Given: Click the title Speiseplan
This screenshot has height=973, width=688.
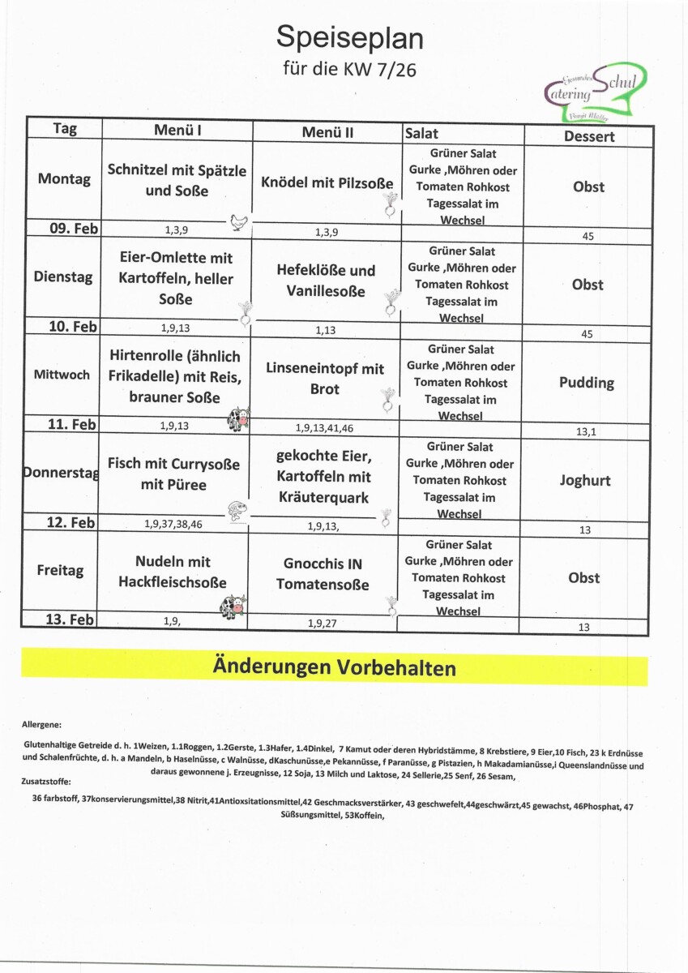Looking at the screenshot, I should (x=349, y=36).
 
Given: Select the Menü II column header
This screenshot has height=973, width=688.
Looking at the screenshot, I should (x=327, y=132).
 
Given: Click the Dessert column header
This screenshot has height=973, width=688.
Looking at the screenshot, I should (x=589, y=136).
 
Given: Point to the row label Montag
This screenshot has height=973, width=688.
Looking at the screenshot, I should (x=64, y=179).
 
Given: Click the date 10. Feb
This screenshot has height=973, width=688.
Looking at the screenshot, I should (x=73, y=327).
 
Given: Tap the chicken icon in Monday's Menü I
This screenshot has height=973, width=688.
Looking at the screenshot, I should (x=238, y=221).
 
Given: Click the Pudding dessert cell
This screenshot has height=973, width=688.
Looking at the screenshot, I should (x=587, y=382).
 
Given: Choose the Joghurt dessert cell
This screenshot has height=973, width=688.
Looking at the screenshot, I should (x=585, y=480).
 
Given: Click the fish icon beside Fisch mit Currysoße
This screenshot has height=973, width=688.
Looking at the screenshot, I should (x=237, y=510).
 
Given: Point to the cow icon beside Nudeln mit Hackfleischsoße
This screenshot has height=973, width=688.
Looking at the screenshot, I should (x=234, y=606).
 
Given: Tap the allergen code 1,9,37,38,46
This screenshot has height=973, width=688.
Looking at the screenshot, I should (x=173, y=525).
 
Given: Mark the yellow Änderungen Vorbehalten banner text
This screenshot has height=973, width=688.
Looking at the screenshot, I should (x=334, y=668).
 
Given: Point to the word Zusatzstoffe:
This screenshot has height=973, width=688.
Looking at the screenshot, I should (x=46, y=782).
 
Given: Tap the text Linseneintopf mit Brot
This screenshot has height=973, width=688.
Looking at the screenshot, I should (x=325, y=379).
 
